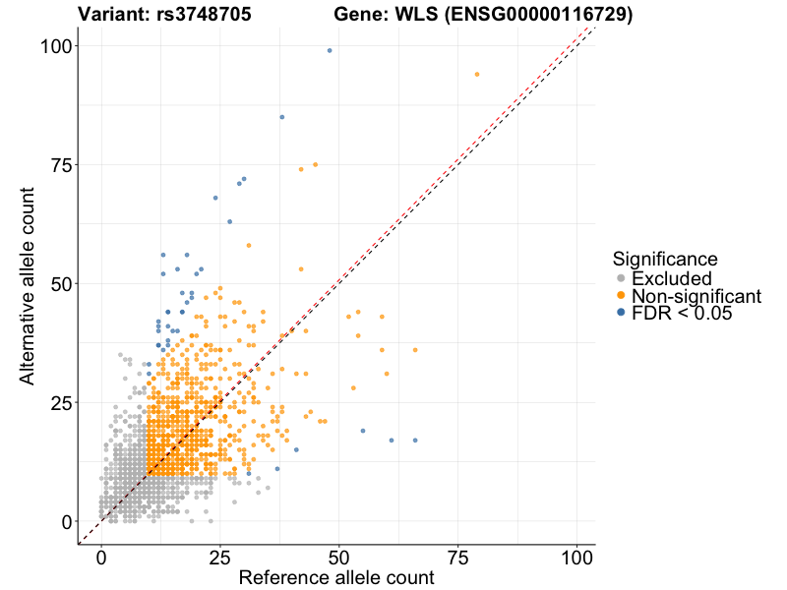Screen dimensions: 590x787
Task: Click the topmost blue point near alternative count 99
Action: tap(330, 50)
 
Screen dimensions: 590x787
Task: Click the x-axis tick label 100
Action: tap(577, 557)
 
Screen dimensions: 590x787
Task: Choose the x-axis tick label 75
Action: tap(458, 557)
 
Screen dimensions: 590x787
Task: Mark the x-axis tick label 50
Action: tap(339, 557)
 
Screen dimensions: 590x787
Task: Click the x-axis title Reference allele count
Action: tap(336, 578)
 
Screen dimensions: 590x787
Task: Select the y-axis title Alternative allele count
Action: tap(29, 284)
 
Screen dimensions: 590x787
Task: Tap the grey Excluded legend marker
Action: tap(620, 278)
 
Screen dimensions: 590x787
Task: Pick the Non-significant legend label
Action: tap(696, 296)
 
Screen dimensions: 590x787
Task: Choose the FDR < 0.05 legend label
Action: tap(683, 313)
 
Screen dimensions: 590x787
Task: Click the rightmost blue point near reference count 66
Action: tap(415, 440)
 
